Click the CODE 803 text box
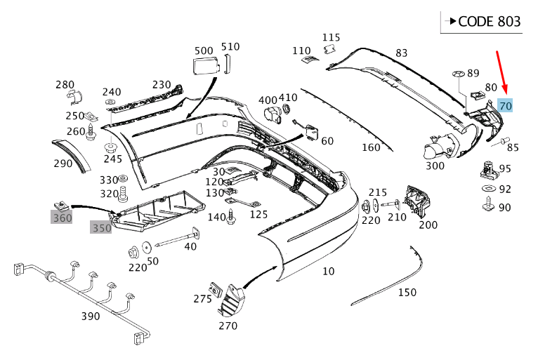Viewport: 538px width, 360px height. coord(482,22)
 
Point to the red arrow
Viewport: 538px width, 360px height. coord(502,75)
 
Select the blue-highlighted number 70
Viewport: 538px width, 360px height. coord(505,105)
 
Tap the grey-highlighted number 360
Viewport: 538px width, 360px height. coord(62,218)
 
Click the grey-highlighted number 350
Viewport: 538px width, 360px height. coord(101,228)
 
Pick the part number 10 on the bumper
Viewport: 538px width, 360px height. coord(328,271)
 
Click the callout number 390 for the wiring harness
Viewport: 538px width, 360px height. coord(91,316)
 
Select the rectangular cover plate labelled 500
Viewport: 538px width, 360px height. coord(204,66)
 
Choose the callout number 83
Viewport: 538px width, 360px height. coord(401,53)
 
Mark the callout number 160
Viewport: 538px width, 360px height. coord(371,147)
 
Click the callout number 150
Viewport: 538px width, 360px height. coord(407,292)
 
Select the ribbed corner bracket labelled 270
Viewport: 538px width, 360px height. coord(229,301)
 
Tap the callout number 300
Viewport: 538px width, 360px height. coord(435,166)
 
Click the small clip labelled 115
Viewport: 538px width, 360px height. coord(328,49)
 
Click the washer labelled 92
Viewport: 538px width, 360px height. coord(487,189)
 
